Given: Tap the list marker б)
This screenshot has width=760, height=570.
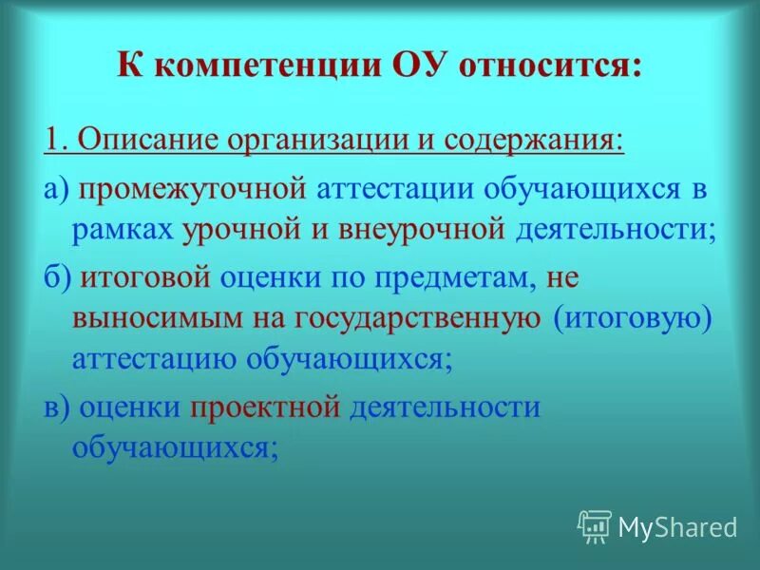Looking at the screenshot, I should pos(57,277).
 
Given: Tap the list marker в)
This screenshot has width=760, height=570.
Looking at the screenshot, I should pos(56,407).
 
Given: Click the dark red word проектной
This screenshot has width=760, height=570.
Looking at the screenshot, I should pos(265,407).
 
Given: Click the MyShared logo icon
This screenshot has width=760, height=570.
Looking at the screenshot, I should pos(595,525).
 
